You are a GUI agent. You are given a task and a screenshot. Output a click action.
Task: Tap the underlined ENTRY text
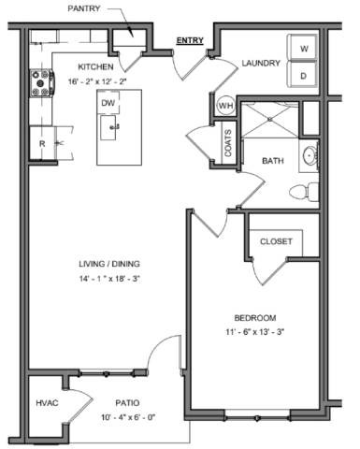pos(191,41)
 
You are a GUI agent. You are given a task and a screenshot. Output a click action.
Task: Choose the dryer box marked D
pos(304,75)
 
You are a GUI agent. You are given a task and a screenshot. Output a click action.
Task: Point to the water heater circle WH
pos(225,106)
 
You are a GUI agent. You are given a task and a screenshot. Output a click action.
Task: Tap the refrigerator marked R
pos(42,145)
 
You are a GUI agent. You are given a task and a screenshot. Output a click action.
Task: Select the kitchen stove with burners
pos(42,84)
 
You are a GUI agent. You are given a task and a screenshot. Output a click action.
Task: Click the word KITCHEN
pos(95,67)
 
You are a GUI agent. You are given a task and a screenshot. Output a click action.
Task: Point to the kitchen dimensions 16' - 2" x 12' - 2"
pos(95,80)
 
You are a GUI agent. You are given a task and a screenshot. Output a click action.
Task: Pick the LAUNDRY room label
pos(262,64)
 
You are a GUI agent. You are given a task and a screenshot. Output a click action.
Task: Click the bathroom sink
pos(310,157)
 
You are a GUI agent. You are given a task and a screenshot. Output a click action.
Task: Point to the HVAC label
pos(47,402)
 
